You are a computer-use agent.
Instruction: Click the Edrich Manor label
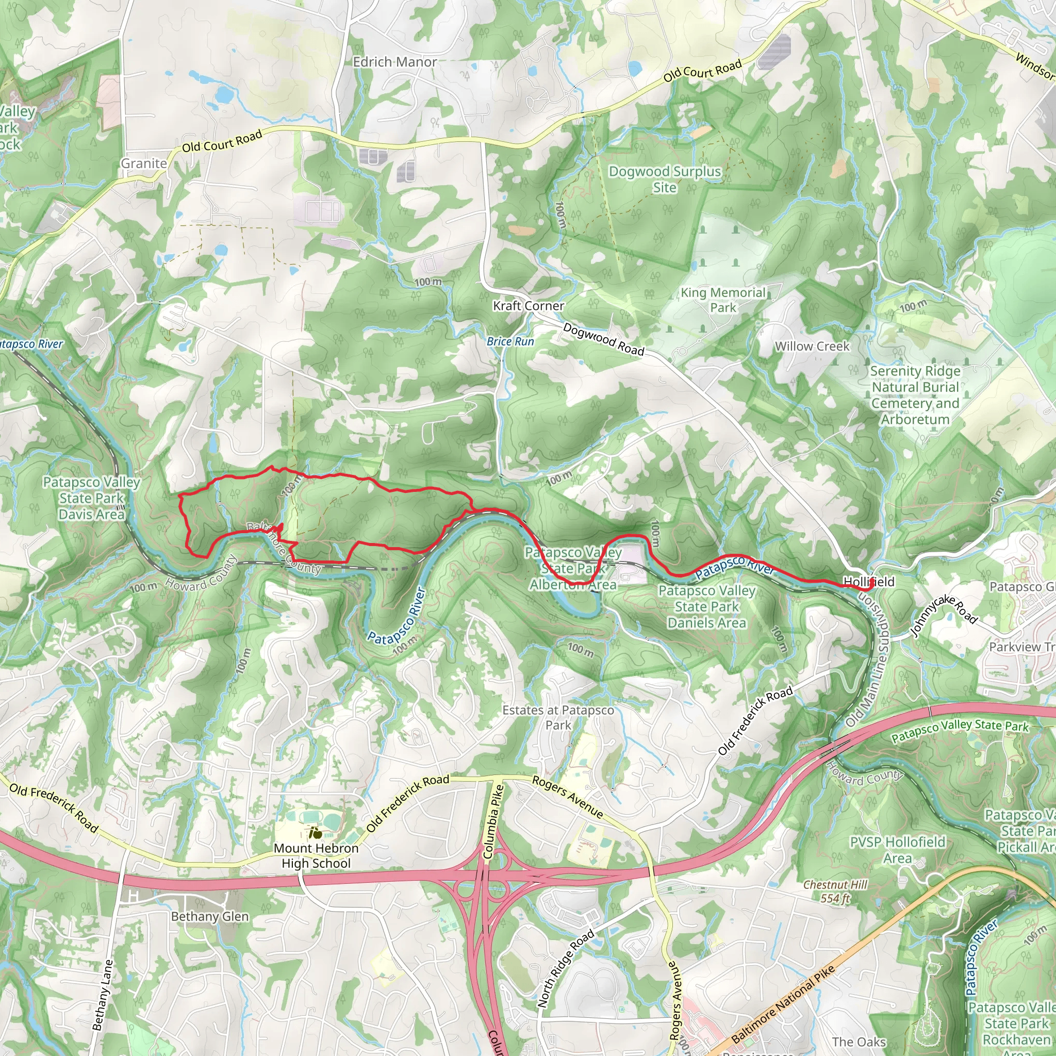[x=394, y=62]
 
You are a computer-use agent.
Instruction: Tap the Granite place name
[x=144, y=163]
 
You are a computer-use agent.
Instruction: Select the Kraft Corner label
[x=528, y=306]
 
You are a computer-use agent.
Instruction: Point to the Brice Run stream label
[x=510, y=342]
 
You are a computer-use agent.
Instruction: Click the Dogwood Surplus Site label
[x=665, y=179]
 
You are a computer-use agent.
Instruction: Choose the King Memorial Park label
[x=722, y=300]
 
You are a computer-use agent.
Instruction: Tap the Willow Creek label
[x=812, y=346]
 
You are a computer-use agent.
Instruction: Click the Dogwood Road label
[x=603, y=339]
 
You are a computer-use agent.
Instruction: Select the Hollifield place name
[x=868, y=582]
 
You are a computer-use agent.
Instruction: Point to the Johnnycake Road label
[x=944, y=616]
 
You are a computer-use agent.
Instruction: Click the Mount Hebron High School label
[x=316, y=855]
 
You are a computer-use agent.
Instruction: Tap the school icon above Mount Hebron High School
[x=315, y=833]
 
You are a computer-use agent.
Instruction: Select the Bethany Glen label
[x=210, y=917]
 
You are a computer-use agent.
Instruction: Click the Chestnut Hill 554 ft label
[x=835, y=892]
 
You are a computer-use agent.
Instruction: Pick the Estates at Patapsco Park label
[x=558, y=717]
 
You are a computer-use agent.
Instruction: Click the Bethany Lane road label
[x=103, y=995]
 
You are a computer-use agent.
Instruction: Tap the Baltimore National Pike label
[x=783, y=1003]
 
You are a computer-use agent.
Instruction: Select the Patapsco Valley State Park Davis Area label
[x=92, y=498]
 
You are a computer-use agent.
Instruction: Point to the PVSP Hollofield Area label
[x=898, y=850]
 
